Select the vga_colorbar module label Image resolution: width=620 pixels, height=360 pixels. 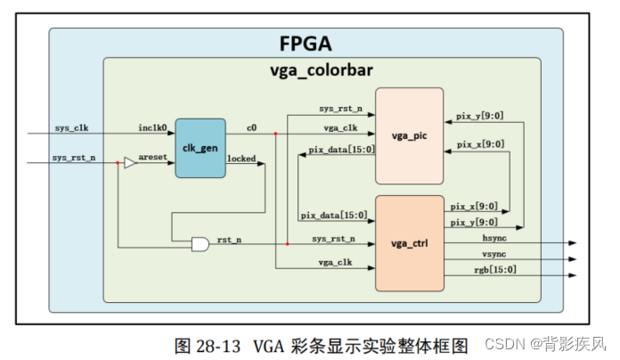click(321, 70)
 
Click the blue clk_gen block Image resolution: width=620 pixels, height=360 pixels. click(200, 147)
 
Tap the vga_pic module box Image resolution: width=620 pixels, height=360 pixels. click(409, 135)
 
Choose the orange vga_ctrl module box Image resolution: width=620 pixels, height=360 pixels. click(409, 242)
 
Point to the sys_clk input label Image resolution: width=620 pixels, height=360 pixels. click(71, 127)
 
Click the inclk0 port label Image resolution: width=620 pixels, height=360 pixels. click(153, 127)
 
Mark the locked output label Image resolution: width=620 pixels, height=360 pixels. click(242, 158)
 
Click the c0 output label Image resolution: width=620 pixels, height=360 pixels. click(252, 127)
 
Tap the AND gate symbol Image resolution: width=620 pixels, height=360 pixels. click(200, 243)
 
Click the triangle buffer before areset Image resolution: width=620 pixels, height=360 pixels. click(130, 162)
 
